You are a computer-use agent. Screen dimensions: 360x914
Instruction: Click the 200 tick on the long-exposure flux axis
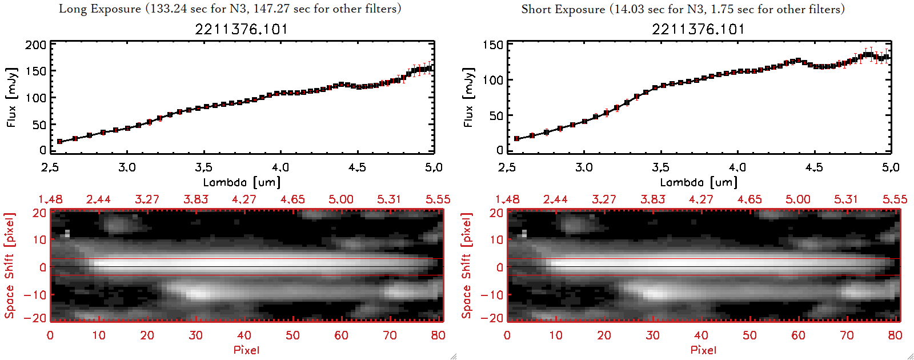pos(35,45)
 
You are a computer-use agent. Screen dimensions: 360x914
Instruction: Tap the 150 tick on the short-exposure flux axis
pos(492,45)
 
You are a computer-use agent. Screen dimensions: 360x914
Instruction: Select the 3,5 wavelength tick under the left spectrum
pos(203,167)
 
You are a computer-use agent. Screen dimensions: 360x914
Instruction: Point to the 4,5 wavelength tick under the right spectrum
pos(814,167)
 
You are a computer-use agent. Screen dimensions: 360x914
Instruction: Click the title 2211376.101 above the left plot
pos(241,29)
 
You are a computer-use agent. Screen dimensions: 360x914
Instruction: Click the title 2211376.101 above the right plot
pos(698,29)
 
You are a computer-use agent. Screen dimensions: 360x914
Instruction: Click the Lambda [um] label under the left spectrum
pos(242,182)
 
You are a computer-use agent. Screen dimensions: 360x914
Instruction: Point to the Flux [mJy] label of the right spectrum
pos(468,97)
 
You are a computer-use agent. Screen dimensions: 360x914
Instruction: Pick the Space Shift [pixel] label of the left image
pos(10,266)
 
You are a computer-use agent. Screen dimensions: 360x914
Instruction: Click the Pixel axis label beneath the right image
pos(703,350)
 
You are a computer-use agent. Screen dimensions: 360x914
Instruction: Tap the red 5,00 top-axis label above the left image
pos(340,199)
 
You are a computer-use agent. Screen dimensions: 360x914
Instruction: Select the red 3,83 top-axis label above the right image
pos(652,199)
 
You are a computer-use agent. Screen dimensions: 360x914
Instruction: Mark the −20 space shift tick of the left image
pos(35,318)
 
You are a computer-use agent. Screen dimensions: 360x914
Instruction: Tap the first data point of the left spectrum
pos(59,141)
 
